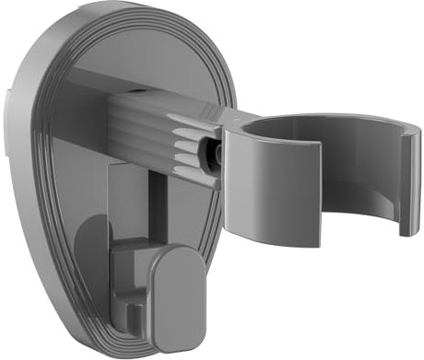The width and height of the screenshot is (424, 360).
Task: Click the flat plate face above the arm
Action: (138, 51)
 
